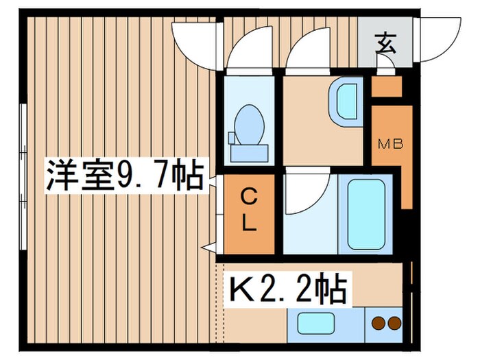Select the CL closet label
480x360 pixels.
pos(248,211)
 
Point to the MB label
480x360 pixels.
pos(392,144)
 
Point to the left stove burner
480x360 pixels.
pos(377,322)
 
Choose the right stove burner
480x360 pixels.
pos(394,322)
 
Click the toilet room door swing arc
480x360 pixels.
pos(243,51)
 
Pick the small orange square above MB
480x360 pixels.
pos(386,87)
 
